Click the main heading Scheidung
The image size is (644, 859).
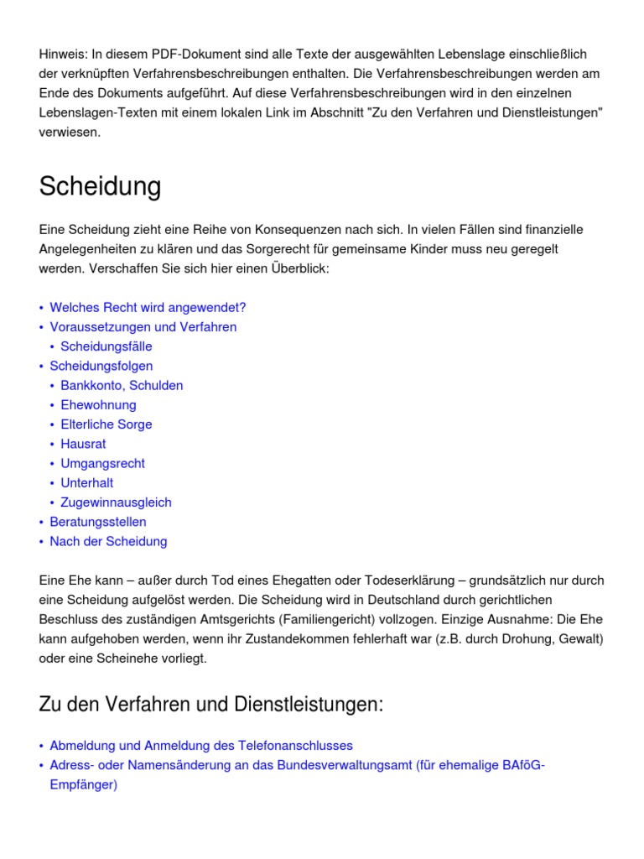click(x=100, y=187)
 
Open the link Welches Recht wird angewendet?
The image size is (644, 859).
click(x=148, y=308)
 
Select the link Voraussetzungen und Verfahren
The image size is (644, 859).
click(x=143, y=327)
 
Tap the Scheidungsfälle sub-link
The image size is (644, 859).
click(x=106, y=346)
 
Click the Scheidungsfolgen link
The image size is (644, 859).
click(x=101, y=366)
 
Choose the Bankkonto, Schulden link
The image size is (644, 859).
click(x=122, y=385)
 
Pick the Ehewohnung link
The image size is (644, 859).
click(x=98, y=404)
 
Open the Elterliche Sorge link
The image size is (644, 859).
click(x=106, y=424)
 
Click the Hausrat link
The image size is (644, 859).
click(x=83, y=444)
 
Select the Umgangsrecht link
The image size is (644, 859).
click(x=102, y=463)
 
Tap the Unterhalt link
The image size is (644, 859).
click(x=87, y=482)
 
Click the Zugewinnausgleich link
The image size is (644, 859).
click(x=116, y=502)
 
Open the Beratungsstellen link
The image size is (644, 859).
click(x=98, y=522)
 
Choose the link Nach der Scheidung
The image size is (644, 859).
click(x=108, y=541)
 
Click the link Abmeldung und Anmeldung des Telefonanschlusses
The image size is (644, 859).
click(x=201, y=746)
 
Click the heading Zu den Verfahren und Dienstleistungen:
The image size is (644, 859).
click(x=210, y=705)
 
